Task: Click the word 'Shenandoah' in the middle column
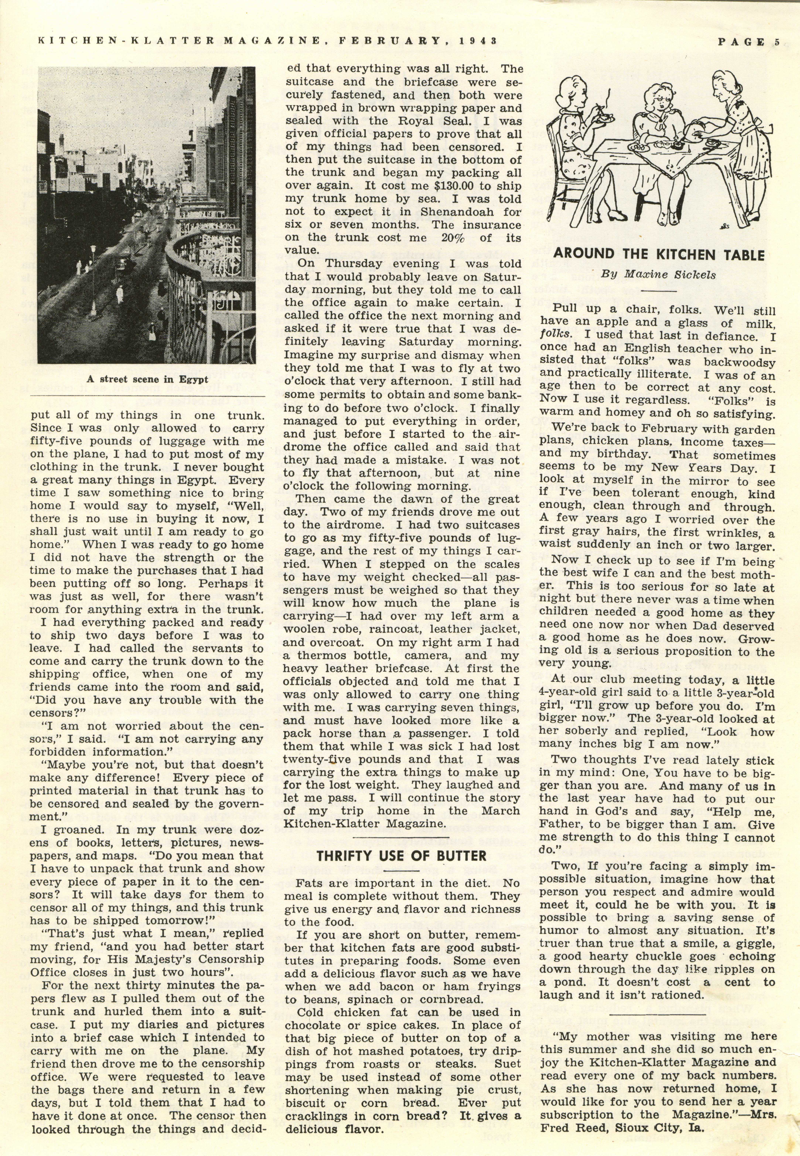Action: pos(456,212)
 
